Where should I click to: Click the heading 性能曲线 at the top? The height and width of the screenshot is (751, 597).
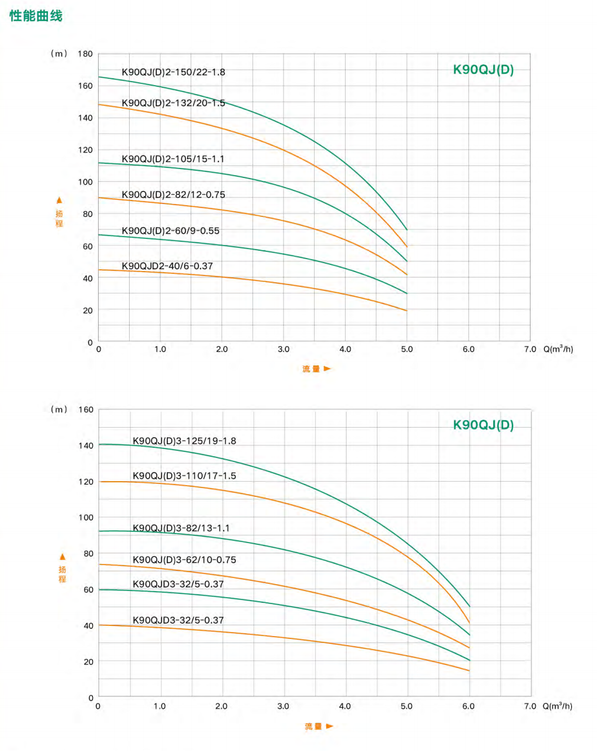click(x=36, y=16)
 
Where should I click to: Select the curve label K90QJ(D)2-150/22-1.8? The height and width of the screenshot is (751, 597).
click(x=173, y=72)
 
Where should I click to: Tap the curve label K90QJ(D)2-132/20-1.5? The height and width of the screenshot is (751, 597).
click(x=173, y=103)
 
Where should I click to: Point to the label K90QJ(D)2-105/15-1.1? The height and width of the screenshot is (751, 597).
click(x=173, y=159)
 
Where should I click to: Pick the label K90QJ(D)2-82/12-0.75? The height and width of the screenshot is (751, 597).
click(x=173, y=195)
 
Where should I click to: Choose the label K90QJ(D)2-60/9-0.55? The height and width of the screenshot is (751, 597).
click(x=170, y=231)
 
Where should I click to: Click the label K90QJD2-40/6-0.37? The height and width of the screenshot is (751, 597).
click(x=167, y=266)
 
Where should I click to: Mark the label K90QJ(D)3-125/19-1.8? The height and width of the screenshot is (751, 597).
click(x=184, y=441)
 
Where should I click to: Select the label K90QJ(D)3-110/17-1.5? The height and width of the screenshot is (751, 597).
click(x=184, y=476)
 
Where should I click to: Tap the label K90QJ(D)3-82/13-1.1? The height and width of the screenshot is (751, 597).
click(x=181, y=528)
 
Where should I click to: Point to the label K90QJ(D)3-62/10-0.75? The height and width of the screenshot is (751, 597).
click(x=184, y=560)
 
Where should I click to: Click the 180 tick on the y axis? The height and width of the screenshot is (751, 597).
click(x=85, y=54)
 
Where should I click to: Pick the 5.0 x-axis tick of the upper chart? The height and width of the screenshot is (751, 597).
click(x=406, y=349)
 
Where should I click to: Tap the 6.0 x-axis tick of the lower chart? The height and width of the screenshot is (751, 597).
click(x=468, y=706)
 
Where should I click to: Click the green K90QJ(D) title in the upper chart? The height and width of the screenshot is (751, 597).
click(x=483, y=70)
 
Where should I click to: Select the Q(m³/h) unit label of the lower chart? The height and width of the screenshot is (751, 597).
click(x=557, y=706)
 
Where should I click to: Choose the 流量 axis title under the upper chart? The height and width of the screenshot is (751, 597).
click(x=311, y=369)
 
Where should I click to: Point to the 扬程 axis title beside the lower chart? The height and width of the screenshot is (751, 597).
click(x=62, y=574)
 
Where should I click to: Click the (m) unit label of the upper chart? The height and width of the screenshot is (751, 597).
click(x=59, y=54)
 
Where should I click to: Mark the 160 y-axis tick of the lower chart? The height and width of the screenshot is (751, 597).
click(x=86, y=410)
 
